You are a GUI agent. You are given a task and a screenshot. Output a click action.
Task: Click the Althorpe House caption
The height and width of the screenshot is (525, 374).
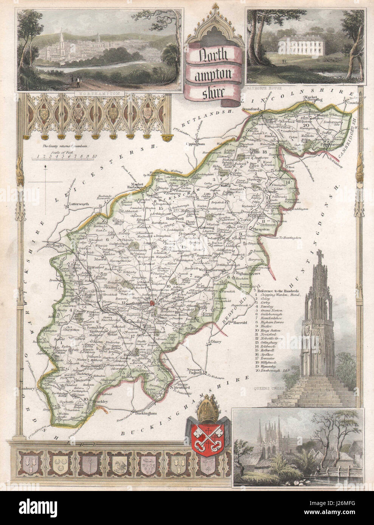(261, 85)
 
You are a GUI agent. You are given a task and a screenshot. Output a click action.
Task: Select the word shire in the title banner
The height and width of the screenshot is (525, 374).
(215, 92)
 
